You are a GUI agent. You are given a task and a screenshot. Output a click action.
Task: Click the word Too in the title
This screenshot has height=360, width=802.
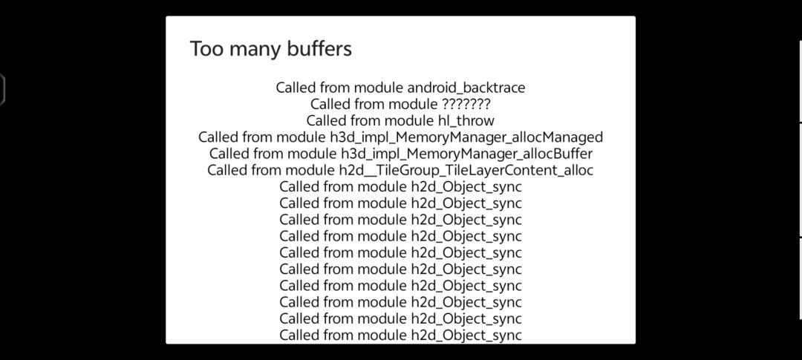click(x=207, y=48)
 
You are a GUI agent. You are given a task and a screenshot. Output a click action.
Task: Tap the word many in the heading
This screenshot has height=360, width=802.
click(x=247, y=50)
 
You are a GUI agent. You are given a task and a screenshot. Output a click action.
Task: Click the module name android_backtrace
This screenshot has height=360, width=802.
click(x=466, y=88)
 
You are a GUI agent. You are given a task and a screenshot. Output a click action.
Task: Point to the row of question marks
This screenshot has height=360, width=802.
click(x=466, y=105)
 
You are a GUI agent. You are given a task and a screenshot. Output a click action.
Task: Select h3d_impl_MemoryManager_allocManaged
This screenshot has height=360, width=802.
click(x=466, y=137)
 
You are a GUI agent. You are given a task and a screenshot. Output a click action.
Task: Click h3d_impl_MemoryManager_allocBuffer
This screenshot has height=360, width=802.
click(x=466, y=154)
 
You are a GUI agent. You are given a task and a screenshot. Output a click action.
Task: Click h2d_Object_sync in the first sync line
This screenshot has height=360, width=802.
click(x=466, y=186)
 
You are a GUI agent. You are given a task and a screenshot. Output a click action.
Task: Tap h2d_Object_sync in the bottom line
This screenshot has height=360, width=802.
click(x=466, y=336)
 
